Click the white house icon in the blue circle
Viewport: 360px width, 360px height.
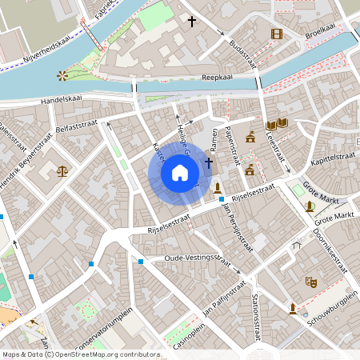[x=180, y=172]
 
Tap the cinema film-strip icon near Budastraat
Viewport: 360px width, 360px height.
[x=277, y=34]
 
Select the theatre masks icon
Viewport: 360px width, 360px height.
[x=310, y=282]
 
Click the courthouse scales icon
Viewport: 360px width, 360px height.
[x=62, y=170]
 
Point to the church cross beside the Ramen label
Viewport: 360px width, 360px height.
[x=209, y=163]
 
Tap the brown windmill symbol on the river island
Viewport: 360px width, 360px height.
[x=62, y=75]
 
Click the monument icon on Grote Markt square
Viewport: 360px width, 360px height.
[x=310, y=206]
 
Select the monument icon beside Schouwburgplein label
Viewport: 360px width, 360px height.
[x=293, y=308]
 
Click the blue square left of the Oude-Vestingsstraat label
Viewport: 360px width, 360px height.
[x=141, y=261]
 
